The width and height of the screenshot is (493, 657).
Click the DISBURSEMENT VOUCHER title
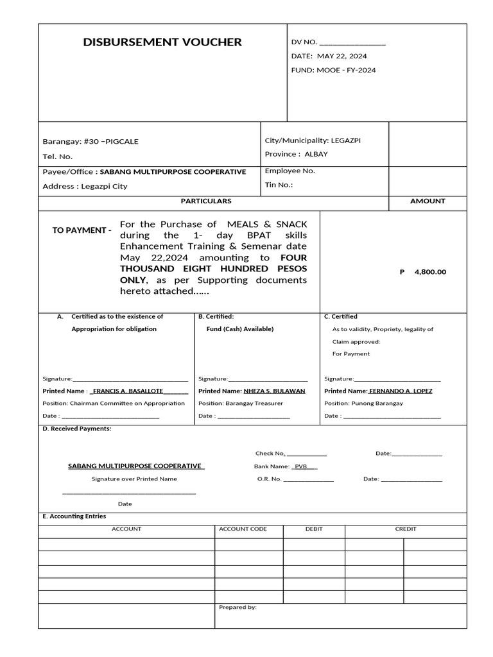point(162,42)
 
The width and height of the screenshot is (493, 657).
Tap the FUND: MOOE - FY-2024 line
point(333,70)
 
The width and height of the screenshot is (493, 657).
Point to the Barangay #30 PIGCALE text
point(90,141)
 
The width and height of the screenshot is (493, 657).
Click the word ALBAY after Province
point(316,154)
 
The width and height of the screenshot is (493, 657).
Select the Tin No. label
point(279,185)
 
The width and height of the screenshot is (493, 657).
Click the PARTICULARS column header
point(205,201)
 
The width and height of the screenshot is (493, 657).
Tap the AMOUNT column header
point(428,201)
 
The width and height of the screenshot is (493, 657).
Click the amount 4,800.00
point(429,272)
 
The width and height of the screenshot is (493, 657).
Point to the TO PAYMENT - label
point(82,230)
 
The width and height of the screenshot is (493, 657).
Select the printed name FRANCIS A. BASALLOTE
point(128,391)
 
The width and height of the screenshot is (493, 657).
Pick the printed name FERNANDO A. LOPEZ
point(401,391)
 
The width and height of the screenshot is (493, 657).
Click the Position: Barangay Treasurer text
point(240,404)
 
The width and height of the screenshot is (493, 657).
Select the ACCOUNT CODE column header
point(243,529)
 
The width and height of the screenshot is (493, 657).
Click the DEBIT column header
point(314,529)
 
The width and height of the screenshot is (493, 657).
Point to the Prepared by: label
point(238,608)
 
